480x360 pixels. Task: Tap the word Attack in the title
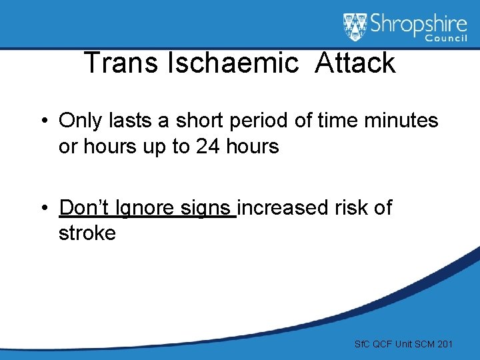[355, 63]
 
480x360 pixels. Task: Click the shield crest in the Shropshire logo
[355, 27]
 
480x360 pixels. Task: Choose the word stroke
[87, 233]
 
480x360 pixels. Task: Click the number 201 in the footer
[445, 344]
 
